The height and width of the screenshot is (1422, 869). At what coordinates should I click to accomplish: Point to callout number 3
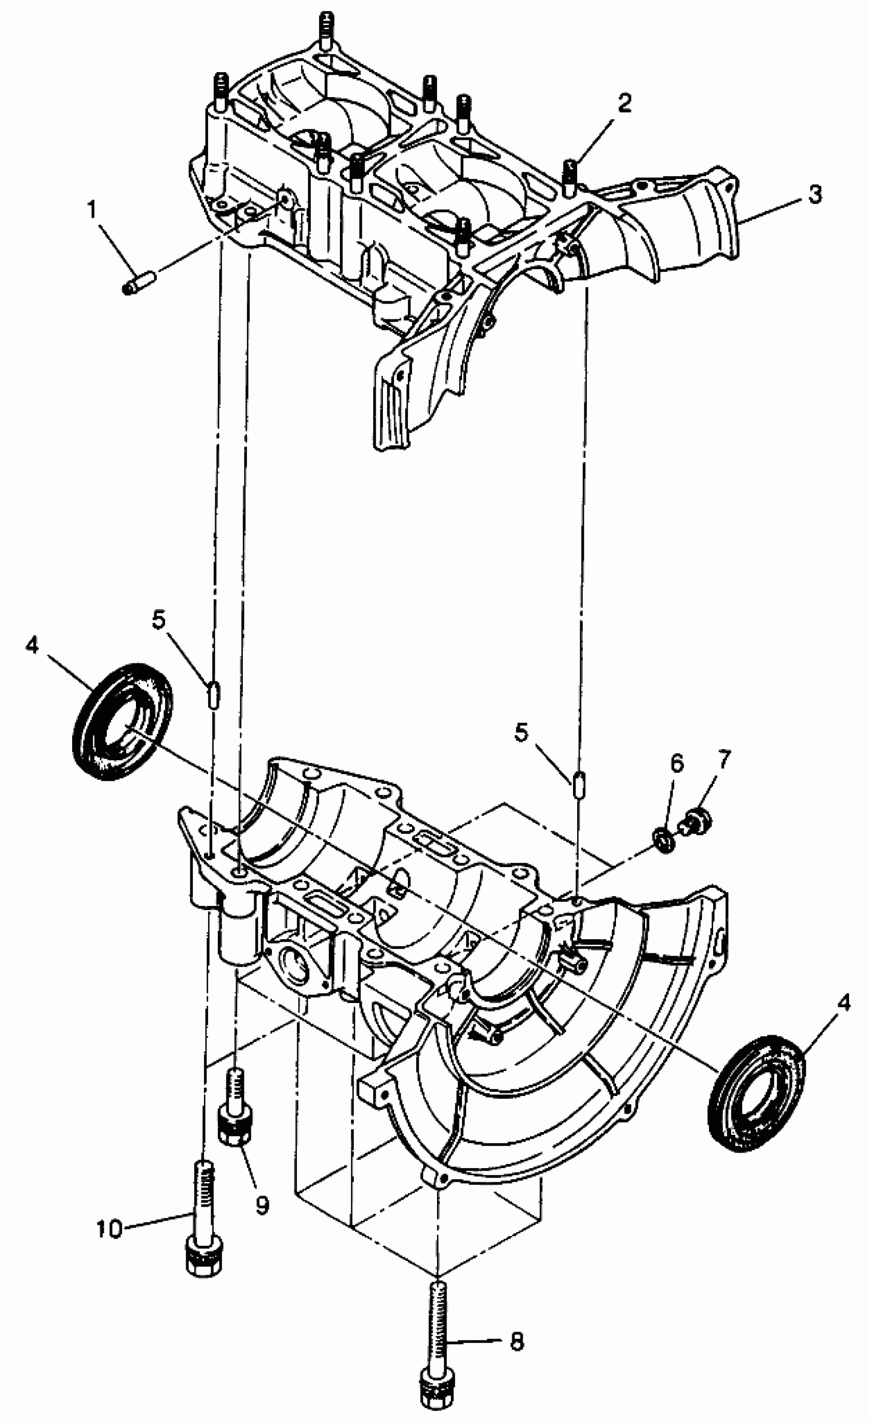tap(814, 195)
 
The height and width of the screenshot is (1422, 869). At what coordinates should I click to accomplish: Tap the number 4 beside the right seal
tap(843, 1004)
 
